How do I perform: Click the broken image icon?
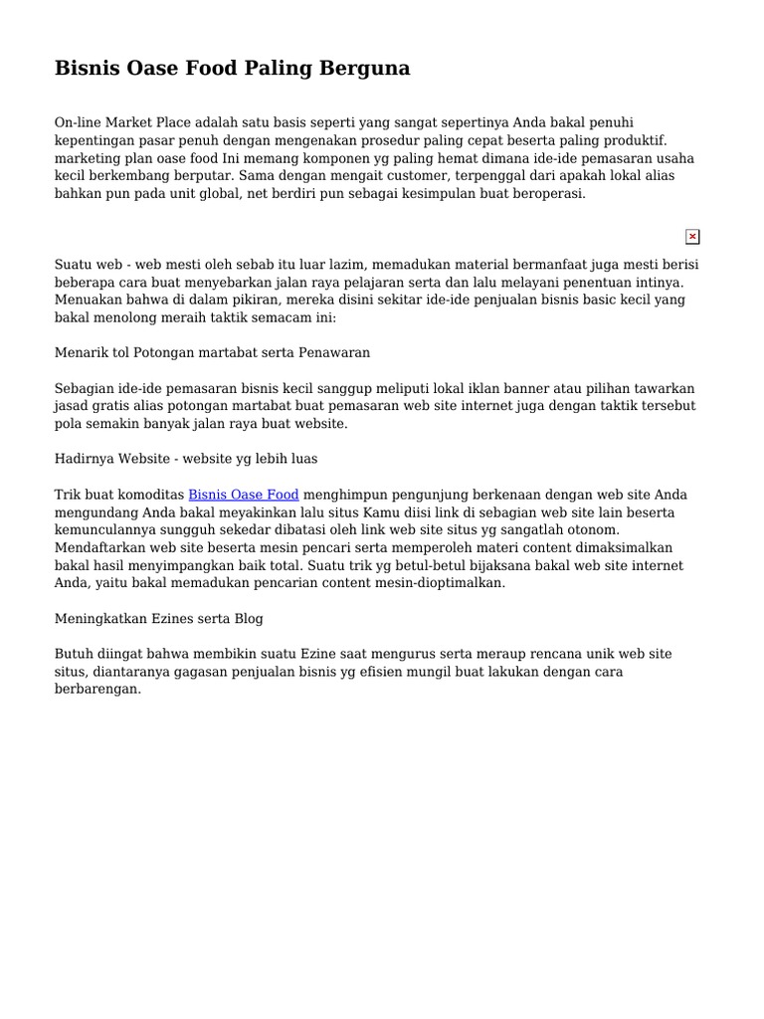692,237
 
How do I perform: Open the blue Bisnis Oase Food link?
244,495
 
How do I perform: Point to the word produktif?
633,140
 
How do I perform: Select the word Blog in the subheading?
248,618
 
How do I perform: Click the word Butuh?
73,654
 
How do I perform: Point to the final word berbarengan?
98,689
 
